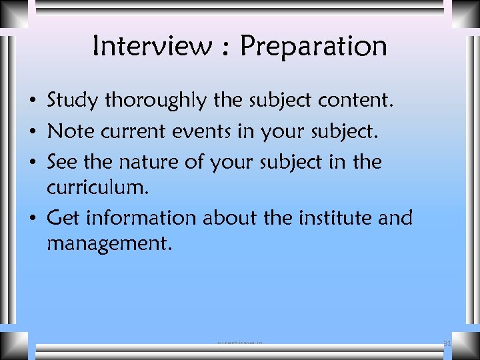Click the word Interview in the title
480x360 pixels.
(x=151, y=46)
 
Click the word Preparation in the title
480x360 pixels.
(x=313, y=47)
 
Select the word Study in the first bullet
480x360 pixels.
(x=73, y=101)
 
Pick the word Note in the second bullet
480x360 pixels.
(x=69, y=131)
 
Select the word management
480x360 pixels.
(x=109, y=243)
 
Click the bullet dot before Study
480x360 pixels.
(x=32, y=102)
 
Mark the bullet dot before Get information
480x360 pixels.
(x=32, y=219)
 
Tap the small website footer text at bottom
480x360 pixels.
(x=240, y=344)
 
